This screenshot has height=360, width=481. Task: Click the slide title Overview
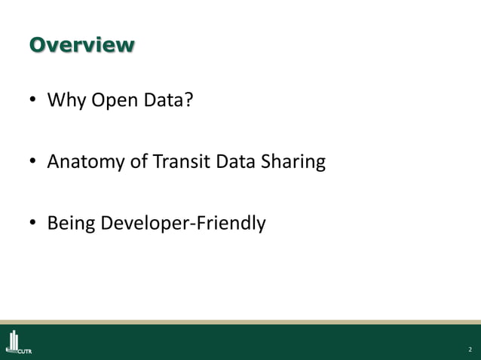[81, 44]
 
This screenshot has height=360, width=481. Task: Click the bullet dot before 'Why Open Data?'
[32, 101]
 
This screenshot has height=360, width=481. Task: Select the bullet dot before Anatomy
[32, 163]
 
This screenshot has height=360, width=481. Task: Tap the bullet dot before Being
[32, 224]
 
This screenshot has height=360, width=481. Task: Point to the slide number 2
[469, 349]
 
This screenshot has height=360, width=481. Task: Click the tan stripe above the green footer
[240, 322]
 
